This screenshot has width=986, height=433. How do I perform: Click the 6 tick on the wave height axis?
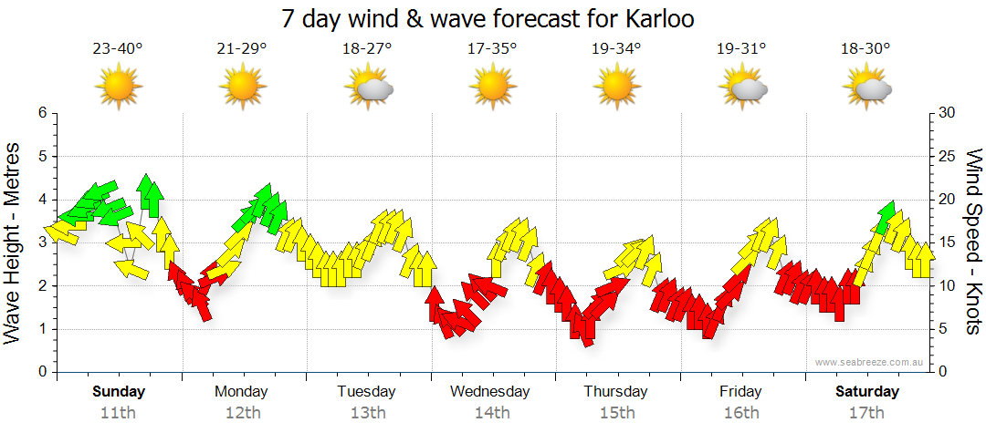[41, 113]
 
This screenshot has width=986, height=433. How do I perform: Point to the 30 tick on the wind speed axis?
[948, 113]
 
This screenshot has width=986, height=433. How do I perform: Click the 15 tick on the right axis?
[948, 242]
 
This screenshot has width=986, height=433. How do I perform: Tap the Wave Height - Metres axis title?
[14, 243]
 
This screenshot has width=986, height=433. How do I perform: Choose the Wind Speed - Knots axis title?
[973, 242]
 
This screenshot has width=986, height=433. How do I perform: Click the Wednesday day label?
[490, 392]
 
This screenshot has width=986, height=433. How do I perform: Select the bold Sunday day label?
[119, 392]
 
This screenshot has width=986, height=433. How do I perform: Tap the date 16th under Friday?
[740, 413]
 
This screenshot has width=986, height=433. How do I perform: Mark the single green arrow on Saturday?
[885, 217]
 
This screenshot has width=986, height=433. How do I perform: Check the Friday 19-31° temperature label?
[740, 49]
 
